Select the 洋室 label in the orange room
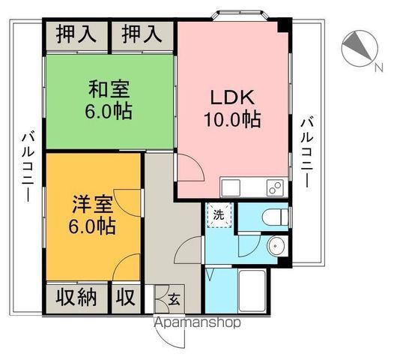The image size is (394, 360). [94, 203]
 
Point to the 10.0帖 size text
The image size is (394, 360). [232, 119]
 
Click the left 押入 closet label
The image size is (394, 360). [77, 34]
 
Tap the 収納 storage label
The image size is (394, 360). [77, 297]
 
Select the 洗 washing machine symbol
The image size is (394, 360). [219, 214]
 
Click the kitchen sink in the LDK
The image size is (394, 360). [230, 187]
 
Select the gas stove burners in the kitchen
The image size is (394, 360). [274, 187]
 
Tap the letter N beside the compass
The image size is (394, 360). [377, 68]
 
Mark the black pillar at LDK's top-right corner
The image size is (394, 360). [282, 28]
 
